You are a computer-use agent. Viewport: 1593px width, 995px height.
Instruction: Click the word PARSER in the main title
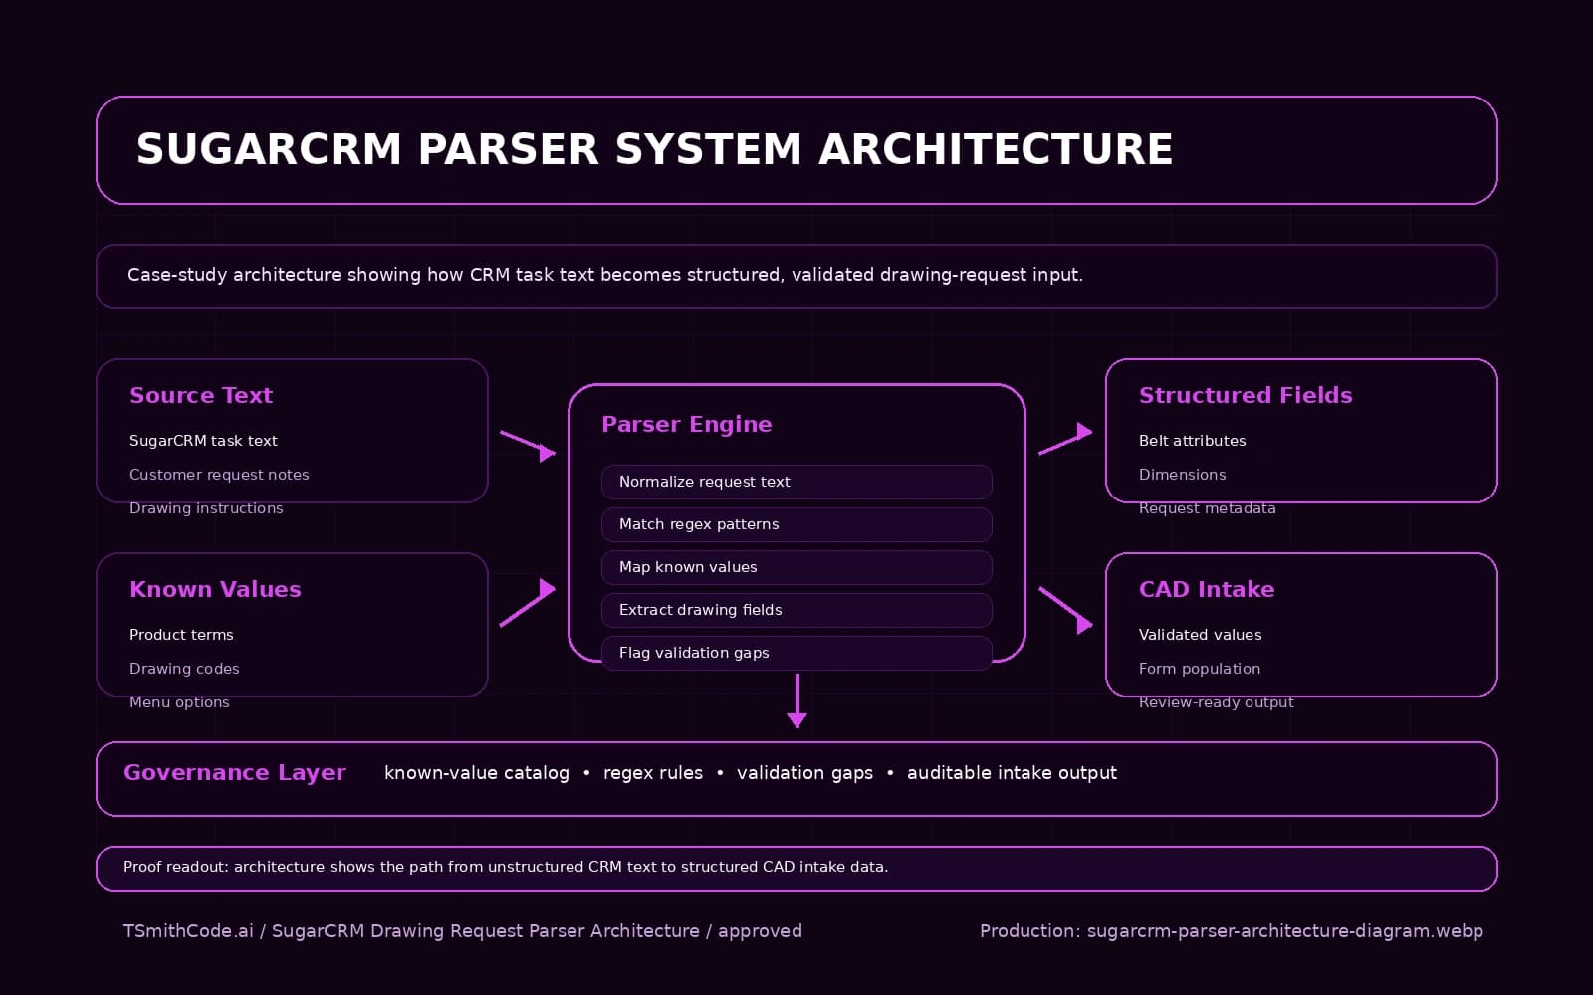[x=508, y=149]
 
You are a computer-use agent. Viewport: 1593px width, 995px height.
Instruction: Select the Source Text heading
[x=201, y=395]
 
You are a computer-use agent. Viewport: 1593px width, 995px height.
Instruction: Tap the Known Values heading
[x=215, y=589]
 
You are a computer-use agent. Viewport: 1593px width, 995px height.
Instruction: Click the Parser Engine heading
[x=686, y=424]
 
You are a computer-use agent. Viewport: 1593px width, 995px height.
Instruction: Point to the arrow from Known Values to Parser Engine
[x=528, y=603]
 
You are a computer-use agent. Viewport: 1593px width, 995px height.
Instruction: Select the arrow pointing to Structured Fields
[x=1065, y=440]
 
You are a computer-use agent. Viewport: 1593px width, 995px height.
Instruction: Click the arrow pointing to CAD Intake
[x=1065, y=609]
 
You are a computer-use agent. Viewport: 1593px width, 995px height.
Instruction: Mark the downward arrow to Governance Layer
[x=796, y=700]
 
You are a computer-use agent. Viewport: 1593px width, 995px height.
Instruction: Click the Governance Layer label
[x=235, y=773]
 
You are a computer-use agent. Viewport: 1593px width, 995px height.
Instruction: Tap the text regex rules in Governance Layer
[x=653, y=773]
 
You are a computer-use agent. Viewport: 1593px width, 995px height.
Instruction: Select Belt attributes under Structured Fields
[x=1192, y=441]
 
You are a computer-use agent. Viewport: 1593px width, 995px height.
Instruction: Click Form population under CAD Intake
[x=1200, y=669]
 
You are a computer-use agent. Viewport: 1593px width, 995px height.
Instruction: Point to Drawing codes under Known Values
[x=184, y=669]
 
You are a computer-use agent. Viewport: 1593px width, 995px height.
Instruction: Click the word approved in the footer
[x=760, y=931]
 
